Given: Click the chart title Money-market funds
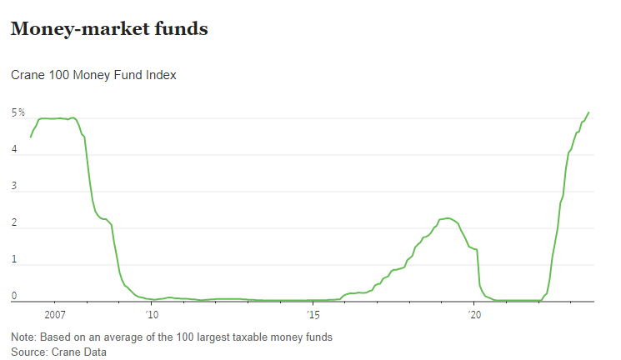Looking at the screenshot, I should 108,29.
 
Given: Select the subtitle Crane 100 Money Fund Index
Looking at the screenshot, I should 93,75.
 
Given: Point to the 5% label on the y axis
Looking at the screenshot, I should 18,112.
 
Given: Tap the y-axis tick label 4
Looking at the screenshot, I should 13,150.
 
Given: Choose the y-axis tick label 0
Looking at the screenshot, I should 13,296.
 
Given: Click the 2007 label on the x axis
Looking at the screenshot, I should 54,314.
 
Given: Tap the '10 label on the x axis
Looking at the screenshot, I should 151,314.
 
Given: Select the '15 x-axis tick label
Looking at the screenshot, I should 313,314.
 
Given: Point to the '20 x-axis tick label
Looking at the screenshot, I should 475,314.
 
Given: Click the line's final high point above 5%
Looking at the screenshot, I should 588,112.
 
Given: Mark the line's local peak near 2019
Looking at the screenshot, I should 448,218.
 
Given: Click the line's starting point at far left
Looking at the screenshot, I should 31,136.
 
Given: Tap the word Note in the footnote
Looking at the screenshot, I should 24,337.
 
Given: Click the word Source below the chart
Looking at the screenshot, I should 28,352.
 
